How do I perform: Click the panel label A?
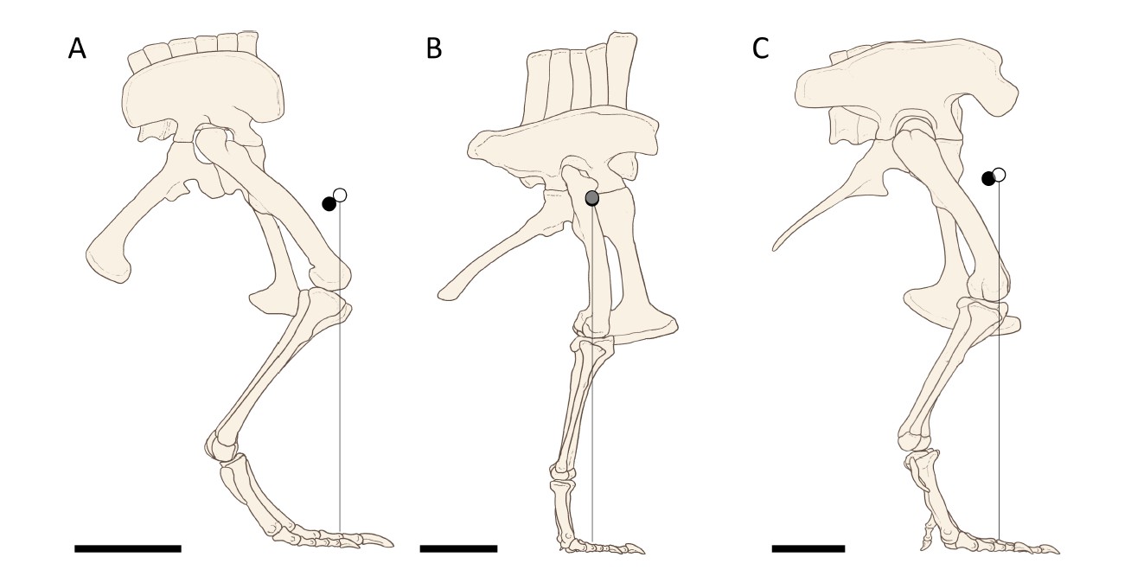(x=77, y=49)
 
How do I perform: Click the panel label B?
(x=434, y=49)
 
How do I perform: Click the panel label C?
(x=760, y=49)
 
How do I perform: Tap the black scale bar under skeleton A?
(x=128, y=548)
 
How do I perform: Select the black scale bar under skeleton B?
(x=458, y=548)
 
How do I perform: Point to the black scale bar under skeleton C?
(x=808, y=548)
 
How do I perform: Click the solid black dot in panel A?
(x=329, y=204)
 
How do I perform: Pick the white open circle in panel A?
(x=341, y=195)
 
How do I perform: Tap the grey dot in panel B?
(x=592, y=198)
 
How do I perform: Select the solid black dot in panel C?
(x=988, y=179)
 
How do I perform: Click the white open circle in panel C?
(x=999, y=176)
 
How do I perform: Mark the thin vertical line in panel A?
(x=341, y=367)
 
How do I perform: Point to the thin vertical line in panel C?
(x=1000, y=362)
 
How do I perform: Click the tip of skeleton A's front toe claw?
(x=393, y=546)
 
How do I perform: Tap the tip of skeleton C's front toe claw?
(x=1059, y=553)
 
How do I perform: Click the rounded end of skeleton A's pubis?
(x=109, y=263)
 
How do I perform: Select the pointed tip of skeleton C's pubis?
(x=774, y=249)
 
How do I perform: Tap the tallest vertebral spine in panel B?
(x=621, y=70)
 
